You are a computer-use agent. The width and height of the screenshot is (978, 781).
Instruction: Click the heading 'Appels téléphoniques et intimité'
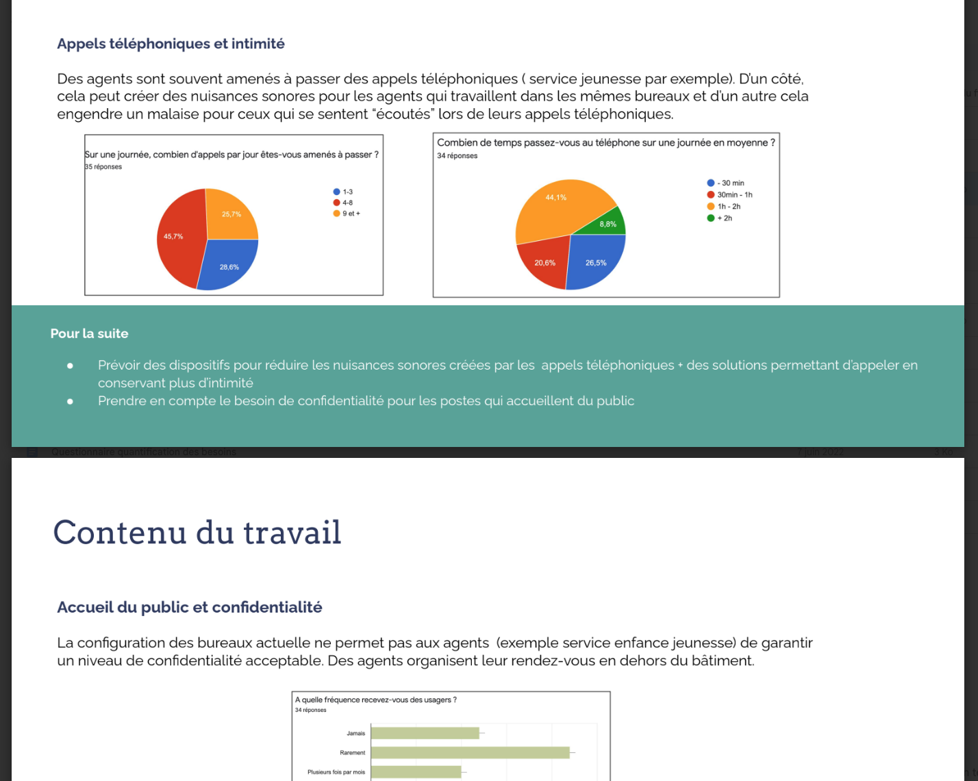point(171,44)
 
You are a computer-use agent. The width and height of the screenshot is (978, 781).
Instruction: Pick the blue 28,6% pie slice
point(229,266)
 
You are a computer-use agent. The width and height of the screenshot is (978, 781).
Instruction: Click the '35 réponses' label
point(103,167)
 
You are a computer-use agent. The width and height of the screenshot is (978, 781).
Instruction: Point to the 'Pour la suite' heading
point(90,333)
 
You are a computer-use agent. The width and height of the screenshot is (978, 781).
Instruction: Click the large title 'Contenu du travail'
point(197,533)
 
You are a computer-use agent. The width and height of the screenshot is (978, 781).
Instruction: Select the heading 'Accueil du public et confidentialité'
point(190,607)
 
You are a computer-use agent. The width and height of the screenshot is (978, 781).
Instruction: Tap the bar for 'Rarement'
point(470,752)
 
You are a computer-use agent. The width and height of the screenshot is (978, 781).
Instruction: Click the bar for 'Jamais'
point(425,733)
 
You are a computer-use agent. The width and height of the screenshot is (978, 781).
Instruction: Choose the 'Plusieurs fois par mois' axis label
point(336,772)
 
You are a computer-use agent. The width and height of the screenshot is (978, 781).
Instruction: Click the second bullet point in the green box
point(366,400)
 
